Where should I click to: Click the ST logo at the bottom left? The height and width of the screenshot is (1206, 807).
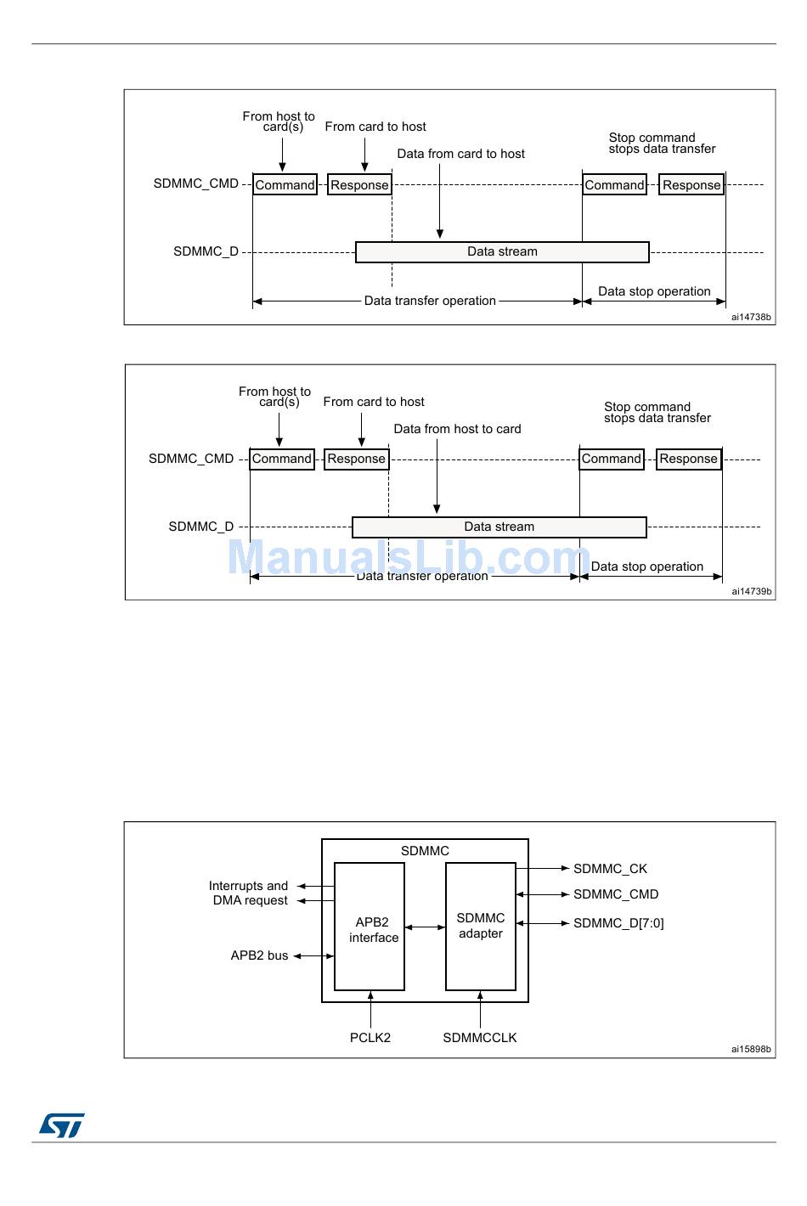click(61, 1125)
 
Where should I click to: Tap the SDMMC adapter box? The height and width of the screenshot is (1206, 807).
click(481, 926)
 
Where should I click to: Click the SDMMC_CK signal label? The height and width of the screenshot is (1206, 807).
click(610, 869)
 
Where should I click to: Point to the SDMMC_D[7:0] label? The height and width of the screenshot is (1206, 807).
click(618, 923)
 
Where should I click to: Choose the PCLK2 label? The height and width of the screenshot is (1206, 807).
click(370, 1038)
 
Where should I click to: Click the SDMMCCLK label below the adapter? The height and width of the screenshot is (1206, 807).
click(480, 1038)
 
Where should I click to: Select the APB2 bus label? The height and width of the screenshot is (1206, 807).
click(259, 955)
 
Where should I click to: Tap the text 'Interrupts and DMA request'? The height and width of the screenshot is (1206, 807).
click(249, 893)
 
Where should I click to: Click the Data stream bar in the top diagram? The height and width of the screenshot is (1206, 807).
click(502, 252)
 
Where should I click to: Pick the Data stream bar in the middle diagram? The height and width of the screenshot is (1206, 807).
click(499, 527)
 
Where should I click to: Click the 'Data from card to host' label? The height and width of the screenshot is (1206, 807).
click(461, 154)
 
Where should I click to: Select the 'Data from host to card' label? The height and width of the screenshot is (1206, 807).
click(457, 429)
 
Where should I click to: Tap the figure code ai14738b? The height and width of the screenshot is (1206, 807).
click(751, 318)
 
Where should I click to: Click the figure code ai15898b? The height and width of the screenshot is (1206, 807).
click(751, 1050)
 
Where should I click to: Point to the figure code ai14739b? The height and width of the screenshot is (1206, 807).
click(752, 592)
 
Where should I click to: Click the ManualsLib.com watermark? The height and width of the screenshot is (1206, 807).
click(409, 557)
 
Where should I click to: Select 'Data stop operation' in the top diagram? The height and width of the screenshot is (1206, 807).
click(654, 291)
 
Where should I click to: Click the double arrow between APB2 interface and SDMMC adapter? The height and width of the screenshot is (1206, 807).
click(425, 927)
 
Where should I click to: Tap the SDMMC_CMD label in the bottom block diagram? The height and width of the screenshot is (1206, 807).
click(616, 894)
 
